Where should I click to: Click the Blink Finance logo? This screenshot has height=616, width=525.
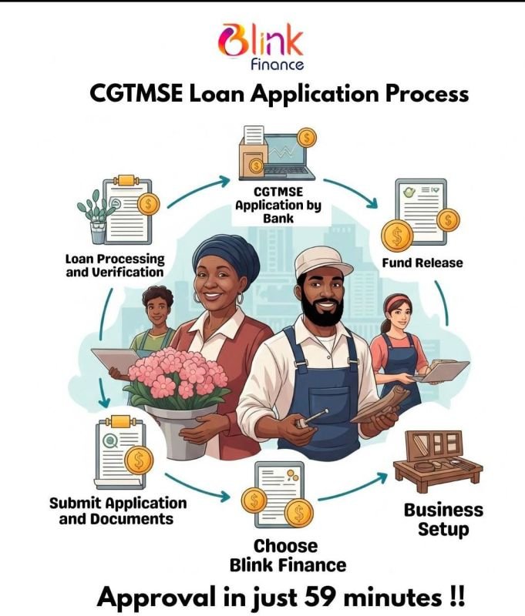point(261,46)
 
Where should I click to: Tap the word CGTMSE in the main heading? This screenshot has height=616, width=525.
point(136,94)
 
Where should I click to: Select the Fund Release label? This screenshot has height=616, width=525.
point(422,263)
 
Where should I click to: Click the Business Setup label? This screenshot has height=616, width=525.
point(443,519)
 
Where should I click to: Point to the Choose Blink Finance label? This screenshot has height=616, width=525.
point(288,555)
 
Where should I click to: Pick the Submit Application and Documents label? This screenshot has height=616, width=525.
point(118,511)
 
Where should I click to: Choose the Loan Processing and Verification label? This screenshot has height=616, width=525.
point(115,266)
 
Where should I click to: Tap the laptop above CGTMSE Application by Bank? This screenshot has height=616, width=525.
point(288,157)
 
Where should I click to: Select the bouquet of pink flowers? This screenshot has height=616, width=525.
point(178,377)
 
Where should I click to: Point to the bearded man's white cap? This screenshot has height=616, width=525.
point(323,262)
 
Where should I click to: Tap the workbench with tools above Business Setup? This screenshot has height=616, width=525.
point(438,461)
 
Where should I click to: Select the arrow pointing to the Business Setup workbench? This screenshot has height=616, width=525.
point(352,487)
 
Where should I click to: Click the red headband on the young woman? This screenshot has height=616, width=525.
point(396,302)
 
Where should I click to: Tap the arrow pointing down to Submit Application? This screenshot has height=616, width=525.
point(103,393)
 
